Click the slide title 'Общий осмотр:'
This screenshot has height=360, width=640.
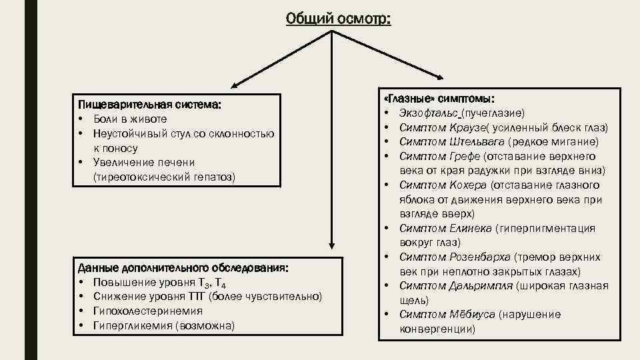pyautogui.click(x=338, y=19)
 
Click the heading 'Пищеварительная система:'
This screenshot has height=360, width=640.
pyautogui.click(x=149, y=105)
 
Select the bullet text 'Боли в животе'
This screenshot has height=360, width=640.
pyautogui.click(x=130, y=119)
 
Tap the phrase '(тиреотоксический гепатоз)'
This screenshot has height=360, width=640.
pyautogui.click(x=164, y=177)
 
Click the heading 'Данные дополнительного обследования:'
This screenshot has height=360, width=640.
pyautogui.click(x=183, y=268)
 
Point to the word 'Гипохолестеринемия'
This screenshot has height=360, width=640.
pyautogui.click(x=148, y=311)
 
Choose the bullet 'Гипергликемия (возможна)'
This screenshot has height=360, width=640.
pyautogui.click(x=164, y=325)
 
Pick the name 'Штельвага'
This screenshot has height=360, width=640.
pyautogui.click(x=475, y=141)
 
